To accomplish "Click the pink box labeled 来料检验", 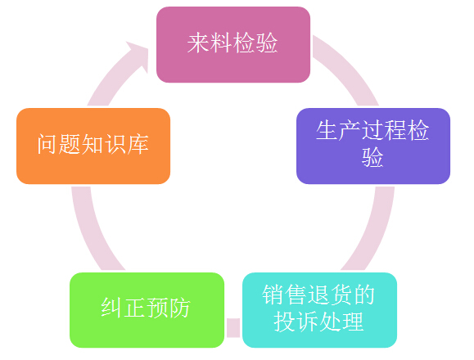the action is click(x=233, y=44).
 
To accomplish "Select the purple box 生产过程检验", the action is click(x=373, y=146).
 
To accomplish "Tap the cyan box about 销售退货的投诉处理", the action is click(x=319, y=310).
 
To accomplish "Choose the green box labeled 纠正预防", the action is click(x=147, y=310).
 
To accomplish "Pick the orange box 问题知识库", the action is click(x=93, y=146).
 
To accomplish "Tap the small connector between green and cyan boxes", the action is click(x=233, y=328).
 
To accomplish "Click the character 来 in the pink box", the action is click(x=198, y=43).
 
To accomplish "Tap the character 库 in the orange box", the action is click(x=138, y=144).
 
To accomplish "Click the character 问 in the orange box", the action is click(x=47, y=144).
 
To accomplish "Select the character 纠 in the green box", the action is click(x=112, y=308).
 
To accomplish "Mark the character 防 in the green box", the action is click(x=179, y=308).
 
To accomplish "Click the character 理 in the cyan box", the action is click(x=353, y=322).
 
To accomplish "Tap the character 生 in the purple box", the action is click(x=327, y=130).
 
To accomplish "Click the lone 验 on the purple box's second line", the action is click(x=372, y=157).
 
